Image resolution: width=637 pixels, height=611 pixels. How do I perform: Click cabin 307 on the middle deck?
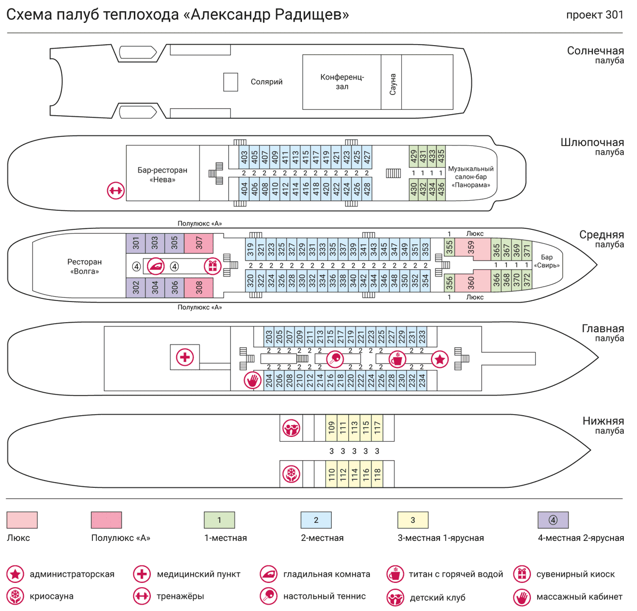[199, 243]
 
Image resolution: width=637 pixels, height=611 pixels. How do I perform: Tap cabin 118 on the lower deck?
[377, 474]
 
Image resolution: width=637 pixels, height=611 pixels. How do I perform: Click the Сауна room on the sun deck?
[392, 82]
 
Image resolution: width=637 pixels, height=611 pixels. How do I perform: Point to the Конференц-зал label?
[342, 82]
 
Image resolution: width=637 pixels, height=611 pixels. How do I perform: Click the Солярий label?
[266, 82]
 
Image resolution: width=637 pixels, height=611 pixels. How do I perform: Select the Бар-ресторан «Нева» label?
[162, 175]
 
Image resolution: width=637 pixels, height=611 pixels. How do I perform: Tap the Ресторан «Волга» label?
[84, 266]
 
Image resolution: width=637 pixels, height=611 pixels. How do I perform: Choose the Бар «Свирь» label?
[546, 261]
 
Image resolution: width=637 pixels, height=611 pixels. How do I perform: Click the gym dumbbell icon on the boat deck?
[116, 190]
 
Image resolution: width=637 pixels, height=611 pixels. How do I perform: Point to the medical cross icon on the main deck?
[185, 357]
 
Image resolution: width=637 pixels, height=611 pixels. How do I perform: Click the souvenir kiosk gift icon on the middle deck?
[212, 266]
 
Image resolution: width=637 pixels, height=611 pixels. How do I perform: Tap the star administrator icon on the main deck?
[440, 359]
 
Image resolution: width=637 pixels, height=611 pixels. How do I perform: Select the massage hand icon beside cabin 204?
[253, 381]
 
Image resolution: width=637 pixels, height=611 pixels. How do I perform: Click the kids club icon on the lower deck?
[291, 428]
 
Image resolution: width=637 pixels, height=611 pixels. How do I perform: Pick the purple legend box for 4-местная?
[553, 520]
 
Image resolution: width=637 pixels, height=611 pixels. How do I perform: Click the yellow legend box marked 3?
[412, 520]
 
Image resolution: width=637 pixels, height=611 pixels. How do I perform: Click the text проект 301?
[595, 15]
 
